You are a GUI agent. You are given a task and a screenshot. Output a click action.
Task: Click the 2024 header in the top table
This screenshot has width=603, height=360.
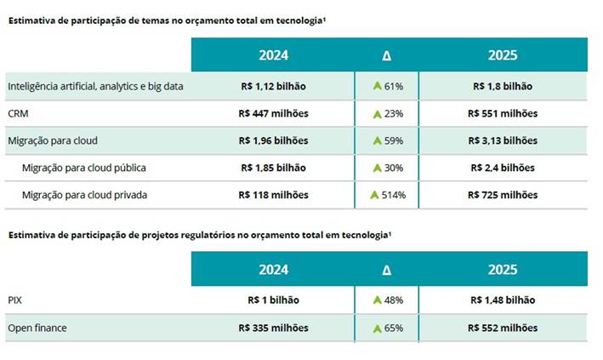pos(273,55)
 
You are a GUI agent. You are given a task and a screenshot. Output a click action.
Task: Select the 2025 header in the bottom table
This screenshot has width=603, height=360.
pos(502,270)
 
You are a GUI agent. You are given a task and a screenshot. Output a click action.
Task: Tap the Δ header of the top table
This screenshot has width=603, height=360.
pos(387,55)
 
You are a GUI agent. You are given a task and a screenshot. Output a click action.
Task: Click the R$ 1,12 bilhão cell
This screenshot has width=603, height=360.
pos(273,86)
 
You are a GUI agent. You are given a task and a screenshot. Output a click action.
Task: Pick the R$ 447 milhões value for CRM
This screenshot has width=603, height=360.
pos(273,113)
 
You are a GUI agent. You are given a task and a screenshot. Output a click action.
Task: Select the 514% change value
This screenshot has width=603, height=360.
pos(394,195)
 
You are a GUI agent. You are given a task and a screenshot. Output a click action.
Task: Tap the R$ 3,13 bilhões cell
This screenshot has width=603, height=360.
pos(502,140)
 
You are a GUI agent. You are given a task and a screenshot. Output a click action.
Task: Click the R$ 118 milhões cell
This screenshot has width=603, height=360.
pos(273,195)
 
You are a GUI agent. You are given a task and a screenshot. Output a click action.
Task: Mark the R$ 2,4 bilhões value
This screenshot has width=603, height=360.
pos(502,168)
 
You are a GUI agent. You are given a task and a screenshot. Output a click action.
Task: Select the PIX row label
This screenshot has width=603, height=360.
pos(15,300)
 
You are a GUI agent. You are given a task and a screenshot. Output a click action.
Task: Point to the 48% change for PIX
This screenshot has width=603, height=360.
pos(392,300)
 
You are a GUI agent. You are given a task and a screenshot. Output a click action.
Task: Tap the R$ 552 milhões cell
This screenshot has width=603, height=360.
pos(502,328)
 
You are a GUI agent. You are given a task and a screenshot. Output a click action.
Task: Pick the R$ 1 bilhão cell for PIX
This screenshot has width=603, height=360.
pos(273,300)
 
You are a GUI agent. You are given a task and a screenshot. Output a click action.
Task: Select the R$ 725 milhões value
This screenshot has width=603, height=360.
pos(502,195)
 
